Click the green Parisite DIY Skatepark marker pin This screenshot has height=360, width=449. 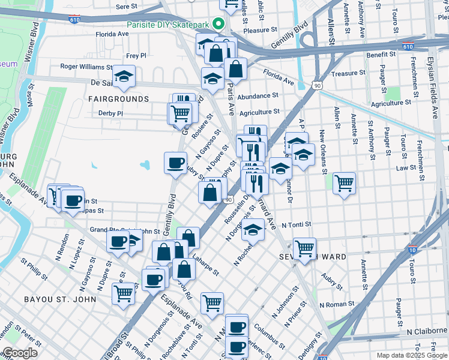218,25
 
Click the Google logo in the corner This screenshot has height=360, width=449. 20,353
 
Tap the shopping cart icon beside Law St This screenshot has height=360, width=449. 344,182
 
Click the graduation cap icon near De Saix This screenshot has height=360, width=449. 124,76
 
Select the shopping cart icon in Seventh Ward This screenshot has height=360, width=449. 305,247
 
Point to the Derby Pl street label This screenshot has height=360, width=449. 110,113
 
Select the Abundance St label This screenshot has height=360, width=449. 258,95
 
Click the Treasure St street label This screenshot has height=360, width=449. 345,73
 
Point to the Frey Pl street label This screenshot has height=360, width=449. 136,55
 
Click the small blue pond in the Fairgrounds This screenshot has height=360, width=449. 144,164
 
